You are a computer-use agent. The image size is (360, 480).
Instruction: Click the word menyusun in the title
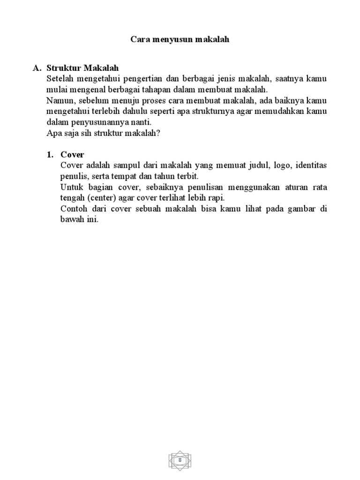point(172,40)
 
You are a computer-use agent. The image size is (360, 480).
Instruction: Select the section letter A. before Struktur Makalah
point(37,68)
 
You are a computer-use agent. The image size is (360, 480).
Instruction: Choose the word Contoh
point(74,209)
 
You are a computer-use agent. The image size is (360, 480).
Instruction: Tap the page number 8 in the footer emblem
point(180,461)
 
